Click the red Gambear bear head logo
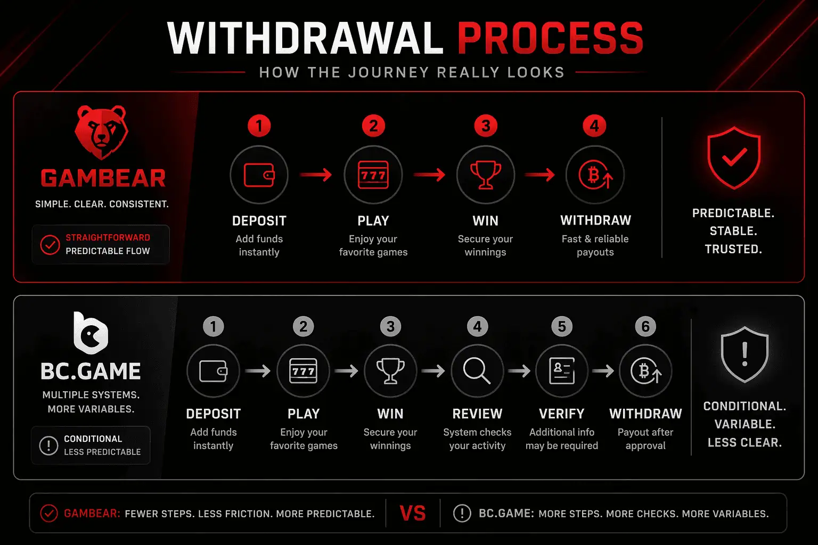coord(101,131)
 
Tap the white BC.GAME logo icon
coord(91,333)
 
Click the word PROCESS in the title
coord(550,38)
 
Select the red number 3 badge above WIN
coord(486,126)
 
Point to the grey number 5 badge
coord(562,326)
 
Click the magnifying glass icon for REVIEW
coord(477,371)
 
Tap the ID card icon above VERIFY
coord(562,371)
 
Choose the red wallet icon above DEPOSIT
coord(259,175)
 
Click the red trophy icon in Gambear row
coord(486,175)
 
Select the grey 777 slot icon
coord(304,371)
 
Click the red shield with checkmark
coord(734,158)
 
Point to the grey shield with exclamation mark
coord(745,354)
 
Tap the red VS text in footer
coord(413,514)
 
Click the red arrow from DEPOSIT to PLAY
coord(316,175)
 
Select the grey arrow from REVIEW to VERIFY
coord(519,371)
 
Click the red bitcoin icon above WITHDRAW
coord(595,175)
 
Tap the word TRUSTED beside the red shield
coord(733,249)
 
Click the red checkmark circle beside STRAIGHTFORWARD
coord(50,245)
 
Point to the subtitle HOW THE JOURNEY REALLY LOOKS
coord(412,72)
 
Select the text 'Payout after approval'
coord(645,439)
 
